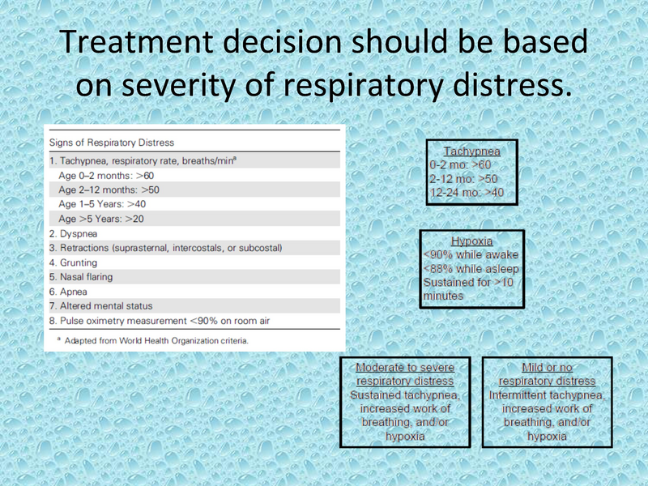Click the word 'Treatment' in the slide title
point(136,41)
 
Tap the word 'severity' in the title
point(178,85)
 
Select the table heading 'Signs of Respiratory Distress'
point(112,143)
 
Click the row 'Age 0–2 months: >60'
point(106,176)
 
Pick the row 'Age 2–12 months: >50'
point(109,190)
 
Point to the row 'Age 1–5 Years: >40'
point(102,204)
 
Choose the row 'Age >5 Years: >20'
point(101,219)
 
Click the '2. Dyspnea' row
point(73,234)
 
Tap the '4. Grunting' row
point(73,262)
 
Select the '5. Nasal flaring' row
point(81,277)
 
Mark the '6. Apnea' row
point(68,292)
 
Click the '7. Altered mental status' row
point(100,306)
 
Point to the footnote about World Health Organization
point(153,340)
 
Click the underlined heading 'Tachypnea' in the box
point(472,151)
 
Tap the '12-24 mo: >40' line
point(467,193)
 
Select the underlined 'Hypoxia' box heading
point(472,241)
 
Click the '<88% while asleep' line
point(471,269)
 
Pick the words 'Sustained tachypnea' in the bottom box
point(405,395)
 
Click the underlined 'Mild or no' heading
point(548,368)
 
